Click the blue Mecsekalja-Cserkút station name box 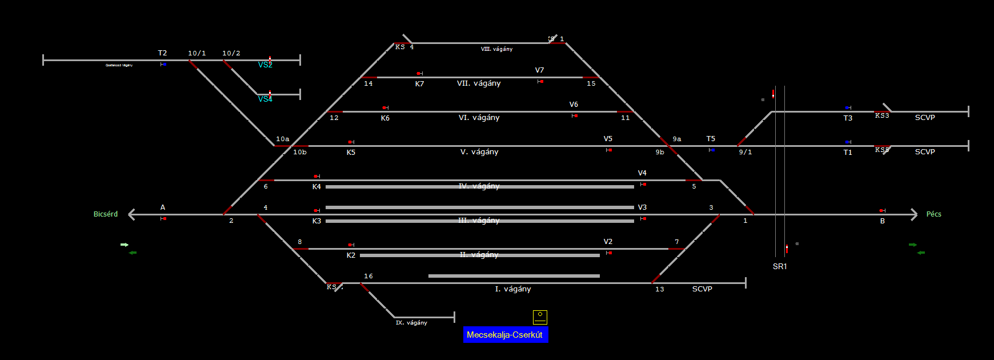click(505, 335)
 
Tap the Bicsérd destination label click(106, 214)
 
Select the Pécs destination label click(933, 214)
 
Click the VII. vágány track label click(479, 83)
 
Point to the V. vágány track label click(479, 152)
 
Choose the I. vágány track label click(513, 289)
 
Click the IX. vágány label click(411, 323)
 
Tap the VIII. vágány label click(496, 49)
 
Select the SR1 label click(780, 266)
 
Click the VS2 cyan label click(265, 65)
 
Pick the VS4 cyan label click(265, 99)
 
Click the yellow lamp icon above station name click(540, 317)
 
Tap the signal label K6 click(385, 118)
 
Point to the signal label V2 click(608, 242)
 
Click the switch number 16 click(368, 277)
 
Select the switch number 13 click(660, 289)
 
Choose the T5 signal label click(711, 139)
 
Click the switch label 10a click(282, 139)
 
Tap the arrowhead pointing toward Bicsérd click(132, 214)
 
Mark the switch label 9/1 click(745, 152)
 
